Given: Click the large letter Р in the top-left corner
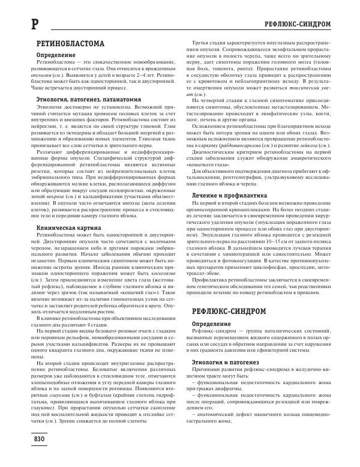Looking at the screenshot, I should coord(17,25).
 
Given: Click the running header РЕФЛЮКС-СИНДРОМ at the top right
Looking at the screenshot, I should coord(307,25).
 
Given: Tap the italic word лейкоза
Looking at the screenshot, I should coord(305,146).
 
